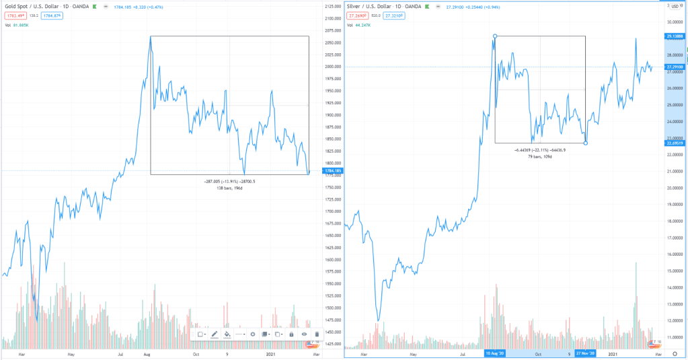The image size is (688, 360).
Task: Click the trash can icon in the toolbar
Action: [317, 334]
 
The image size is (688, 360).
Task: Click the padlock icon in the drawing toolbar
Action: [291, 334]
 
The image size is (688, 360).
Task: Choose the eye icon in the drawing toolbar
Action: [304, 334]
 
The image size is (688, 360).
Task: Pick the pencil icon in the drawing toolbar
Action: [215, 334]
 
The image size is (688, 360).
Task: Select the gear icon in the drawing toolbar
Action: [252, 334]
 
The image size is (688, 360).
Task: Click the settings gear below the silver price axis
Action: [675, 353]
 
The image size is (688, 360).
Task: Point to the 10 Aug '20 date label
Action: [495, 353]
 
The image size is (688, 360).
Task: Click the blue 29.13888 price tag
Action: [675, 36]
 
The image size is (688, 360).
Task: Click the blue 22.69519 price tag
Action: [675, 143]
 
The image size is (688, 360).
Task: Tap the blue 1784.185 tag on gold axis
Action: [332, 171]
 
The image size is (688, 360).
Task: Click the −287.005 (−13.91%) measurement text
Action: [229, 182]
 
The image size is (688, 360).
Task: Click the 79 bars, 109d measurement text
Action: [539, 156]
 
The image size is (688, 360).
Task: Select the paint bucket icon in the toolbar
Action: [227, 334]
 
